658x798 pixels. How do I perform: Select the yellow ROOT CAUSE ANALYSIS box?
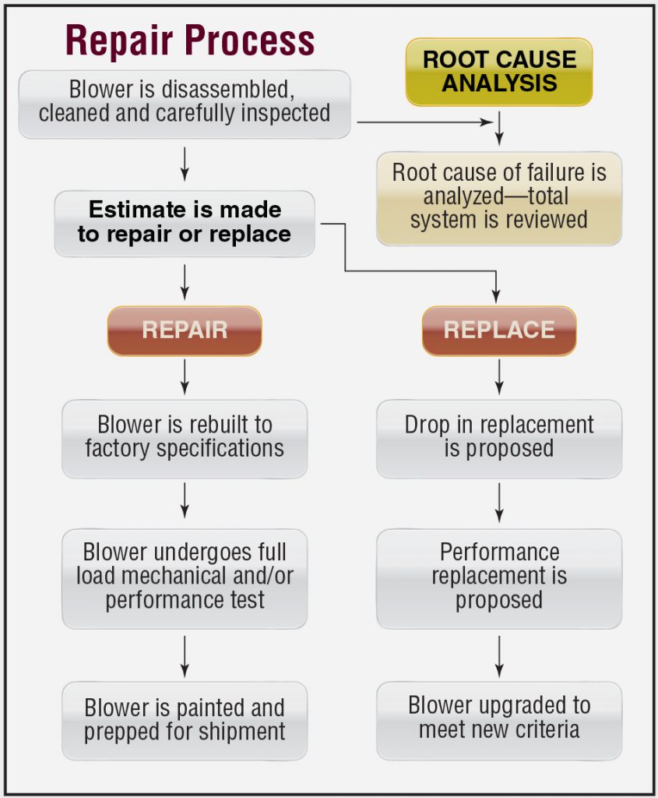[499, 71]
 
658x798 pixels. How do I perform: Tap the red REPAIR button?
[185, 330]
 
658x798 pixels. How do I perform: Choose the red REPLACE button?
[499, 330]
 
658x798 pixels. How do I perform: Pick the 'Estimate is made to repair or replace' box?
[185, 223]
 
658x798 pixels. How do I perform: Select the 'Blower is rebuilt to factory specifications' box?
[185, 438]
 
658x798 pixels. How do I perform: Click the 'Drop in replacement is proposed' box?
[499, 438]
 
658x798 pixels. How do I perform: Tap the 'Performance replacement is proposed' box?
[499, 577]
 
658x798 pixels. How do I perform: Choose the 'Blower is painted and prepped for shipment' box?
[185, 721]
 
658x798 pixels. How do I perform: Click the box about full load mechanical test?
[185, 577]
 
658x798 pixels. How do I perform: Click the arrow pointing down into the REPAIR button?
[185, 282]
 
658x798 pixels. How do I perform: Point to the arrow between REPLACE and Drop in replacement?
[499, 377]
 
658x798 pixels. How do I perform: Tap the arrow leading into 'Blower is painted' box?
[185, 656]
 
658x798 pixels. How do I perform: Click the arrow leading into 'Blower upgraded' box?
[499, 656]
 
